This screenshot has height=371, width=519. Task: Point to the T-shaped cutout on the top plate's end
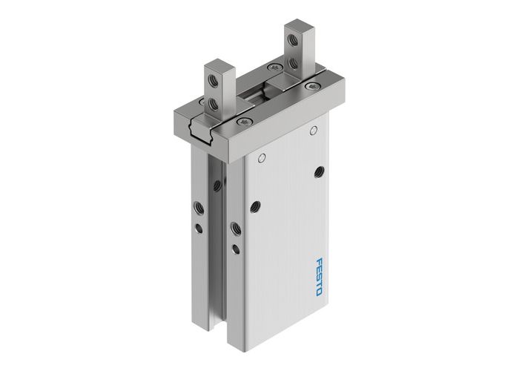click(x=199, y=118)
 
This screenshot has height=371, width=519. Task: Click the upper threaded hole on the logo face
click(x=319, y=172)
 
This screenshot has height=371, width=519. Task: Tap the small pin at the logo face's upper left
click(x=261, y=158)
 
